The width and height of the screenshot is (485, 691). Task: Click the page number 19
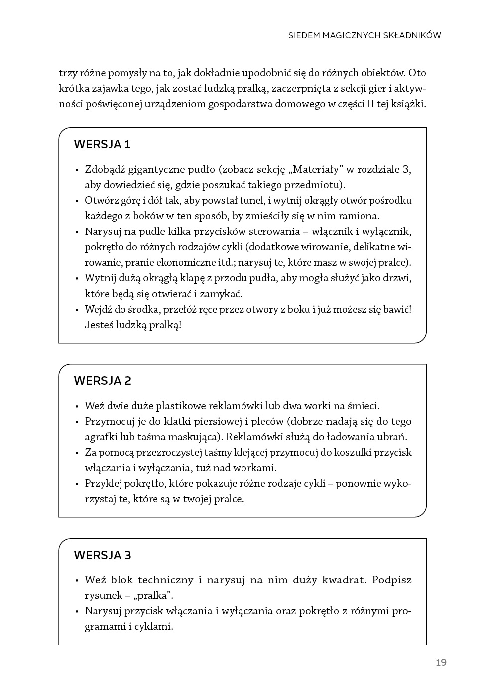pyautogui.click(x=441, y=662)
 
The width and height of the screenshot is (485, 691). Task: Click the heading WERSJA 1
pyautogui.click(x=102, y=145)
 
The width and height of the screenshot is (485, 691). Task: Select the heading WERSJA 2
pyautogui.click(x=103, y=381)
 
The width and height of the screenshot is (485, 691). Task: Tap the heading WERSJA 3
pyautogui.click(x=103, y=555)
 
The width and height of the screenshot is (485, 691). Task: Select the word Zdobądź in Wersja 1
pyautogui.click(x=105, y=169)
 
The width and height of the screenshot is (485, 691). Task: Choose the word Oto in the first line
pyautogui.click(x=417, y=73)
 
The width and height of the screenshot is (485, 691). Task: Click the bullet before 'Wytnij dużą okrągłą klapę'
pyautogui.click(x=77, y=279)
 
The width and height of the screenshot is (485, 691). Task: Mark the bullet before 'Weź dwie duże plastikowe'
pyautogui.click(x=77, y=407)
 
